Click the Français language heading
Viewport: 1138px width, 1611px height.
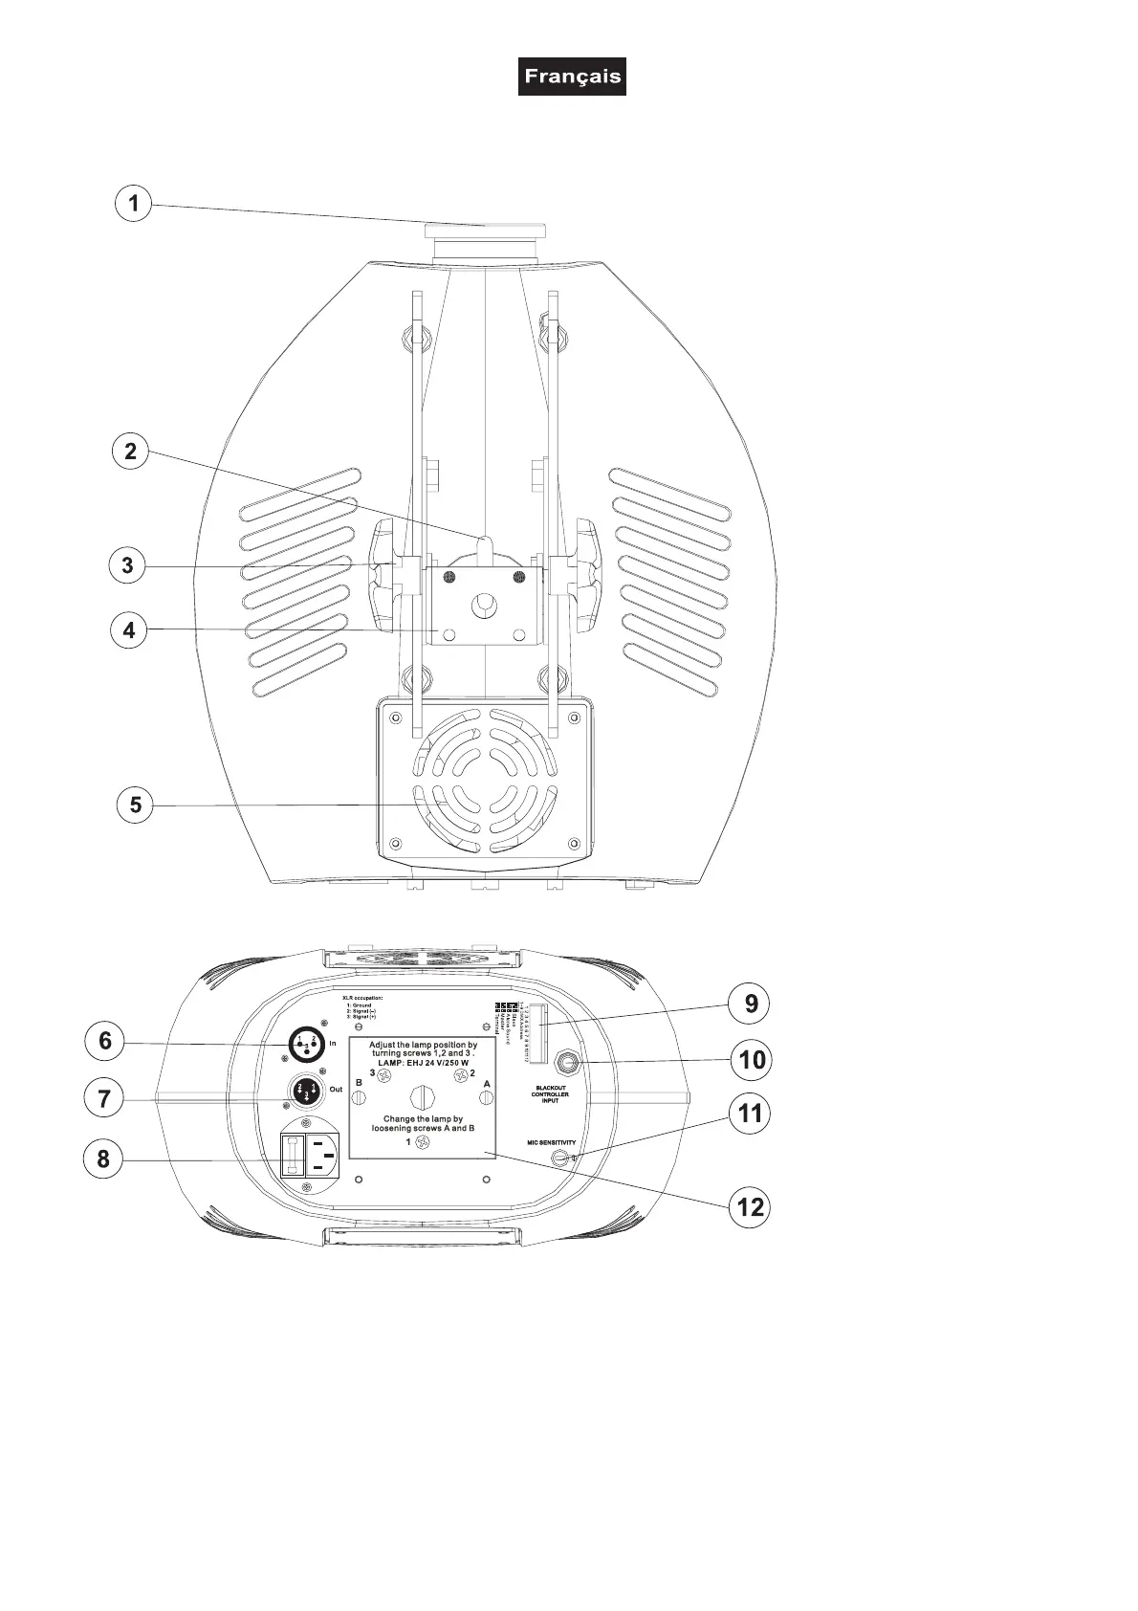pos(572,77)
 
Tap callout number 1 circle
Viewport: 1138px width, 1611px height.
pos(134,203)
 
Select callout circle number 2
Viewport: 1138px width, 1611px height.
pos(131,451)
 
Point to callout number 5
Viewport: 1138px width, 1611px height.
pos(135,805)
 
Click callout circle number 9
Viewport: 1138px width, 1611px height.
pos(751,1004)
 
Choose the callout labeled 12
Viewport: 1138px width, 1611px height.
pos(751,1206)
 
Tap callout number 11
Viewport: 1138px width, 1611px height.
pos(751,1114)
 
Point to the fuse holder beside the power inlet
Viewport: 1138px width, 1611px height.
pos(292,1156)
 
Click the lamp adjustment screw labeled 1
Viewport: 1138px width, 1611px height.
pos(421,1142)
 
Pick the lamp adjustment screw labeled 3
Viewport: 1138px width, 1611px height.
pos(384,1075)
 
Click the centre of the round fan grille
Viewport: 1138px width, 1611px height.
pos(485,781)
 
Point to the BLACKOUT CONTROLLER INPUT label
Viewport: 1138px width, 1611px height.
pos(550,1094)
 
